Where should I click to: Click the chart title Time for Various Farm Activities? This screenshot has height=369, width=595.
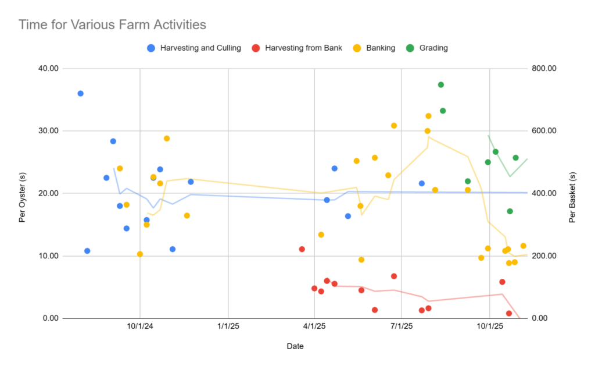tap(112, 24)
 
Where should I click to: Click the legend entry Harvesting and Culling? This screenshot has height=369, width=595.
tap(200, 48)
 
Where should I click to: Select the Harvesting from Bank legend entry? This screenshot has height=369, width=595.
tap(303, 48)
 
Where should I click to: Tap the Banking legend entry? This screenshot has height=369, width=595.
tap(381, 48)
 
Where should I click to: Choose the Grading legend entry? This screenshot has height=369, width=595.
tap(433, 48)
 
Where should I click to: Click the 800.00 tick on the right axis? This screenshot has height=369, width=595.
tap(544, 68)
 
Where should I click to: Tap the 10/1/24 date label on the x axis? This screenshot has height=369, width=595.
tap(140, 328)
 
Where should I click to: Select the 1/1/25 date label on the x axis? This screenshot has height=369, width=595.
tap(228, 328)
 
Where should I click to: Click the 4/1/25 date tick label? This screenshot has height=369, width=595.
tap(314, 328)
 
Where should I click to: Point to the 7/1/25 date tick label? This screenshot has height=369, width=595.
tap(402, 328)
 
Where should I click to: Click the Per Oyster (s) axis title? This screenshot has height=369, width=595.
tap(22, 193)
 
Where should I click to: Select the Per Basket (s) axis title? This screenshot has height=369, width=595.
tap(572, 193)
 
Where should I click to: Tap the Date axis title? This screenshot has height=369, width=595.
tap(295, 346)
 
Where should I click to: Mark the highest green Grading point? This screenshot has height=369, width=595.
tap(441, 85)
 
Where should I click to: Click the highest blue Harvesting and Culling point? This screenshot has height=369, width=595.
tap(81, 94)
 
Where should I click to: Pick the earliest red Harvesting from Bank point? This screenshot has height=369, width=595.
tap(302, 249)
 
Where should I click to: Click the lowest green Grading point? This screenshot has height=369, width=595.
tap(510, 211)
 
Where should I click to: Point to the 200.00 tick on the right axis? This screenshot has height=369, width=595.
tap(544, 256)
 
